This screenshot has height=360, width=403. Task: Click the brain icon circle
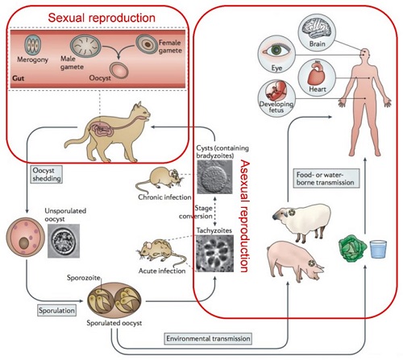pos(317,33)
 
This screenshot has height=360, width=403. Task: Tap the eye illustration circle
pos(276,54)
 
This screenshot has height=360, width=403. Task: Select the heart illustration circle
pos(317,77)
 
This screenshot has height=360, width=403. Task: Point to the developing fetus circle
pos(276,98)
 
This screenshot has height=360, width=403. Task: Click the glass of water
pos(378,250)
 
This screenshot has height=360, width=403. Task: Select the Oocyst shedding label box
pos(47,175)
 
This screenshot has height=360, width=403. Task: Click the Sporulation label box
pos(56,311)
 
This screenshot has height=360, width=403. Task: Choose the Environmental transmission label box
pos(208,338)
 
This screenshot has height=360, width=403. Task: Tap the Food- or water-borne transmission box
pos(326,178)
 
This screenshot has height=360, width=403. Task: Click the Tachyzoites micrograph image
pos(214,254)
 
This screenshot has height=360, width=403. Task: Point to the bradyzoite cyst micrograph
pos(214,177)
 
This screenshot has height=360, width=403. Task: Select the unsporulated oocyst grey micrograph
pos(64,241)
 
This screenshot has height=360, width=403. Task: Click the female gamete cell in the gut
pos(147,44)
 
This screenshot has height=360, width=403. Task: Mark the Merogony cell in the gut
pos(33,45)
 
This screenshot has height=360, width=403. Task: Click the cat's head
pos(141,113)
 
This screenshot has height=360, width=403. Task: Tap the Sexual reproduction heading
pos(102,18)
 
